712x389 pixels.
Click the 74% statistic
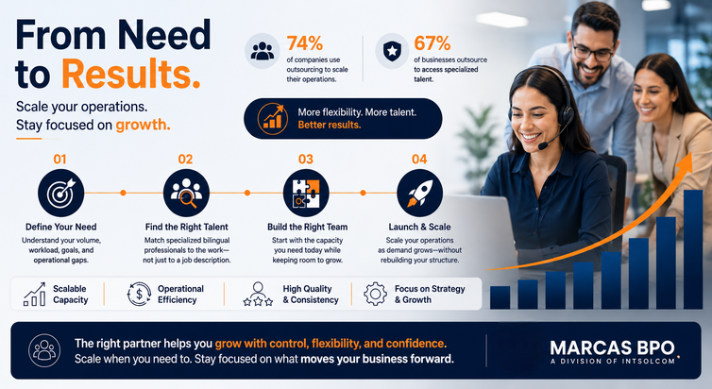305,44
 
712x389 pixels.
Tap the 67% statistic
432,44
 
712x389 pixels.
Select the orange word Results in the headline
130,74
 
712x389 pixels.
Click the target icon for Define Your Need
60,193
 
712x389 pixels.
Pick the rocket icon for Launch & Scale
419,193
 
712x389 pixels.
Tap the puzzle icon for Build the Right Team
306,193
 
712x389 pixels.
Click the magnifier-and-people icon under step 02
186,193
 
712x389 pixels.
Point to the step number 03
306,160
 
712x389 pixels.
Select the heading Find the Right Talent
187,227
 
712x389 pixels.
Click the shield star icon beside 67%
392,51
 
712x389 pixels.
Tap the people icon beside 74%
263,51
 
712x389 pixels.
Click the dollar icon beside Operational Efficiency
139,295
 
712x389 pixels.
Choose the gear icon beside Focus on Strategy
376,295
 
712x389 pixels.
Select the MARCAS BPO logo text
613,348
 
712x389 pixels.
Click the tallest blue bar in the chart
693,249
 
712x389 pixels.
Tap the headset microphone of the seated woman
543,146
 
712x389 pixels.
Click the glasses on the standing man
593,51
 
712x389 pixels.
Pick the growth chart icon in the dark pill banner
273,118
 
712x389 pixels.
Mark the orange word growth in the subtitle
143,125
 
